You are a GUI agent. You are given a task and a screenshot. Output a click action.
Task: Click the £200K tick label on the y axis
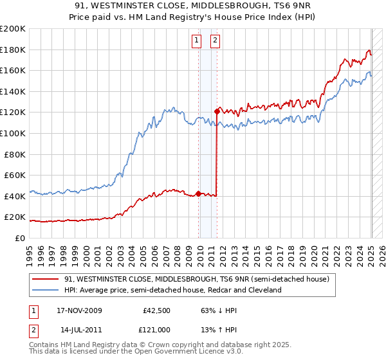(x=13, y=29)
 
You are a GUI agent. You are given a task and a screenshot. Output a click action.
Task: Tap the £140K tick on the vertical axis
(x=13, y=91)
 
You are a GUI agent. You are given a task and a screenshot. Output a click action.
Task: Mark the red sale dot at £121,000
(x=217, y=111)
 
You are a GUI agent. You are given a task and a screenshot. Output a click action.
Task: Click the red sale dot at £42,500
(x=198, y=193)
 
